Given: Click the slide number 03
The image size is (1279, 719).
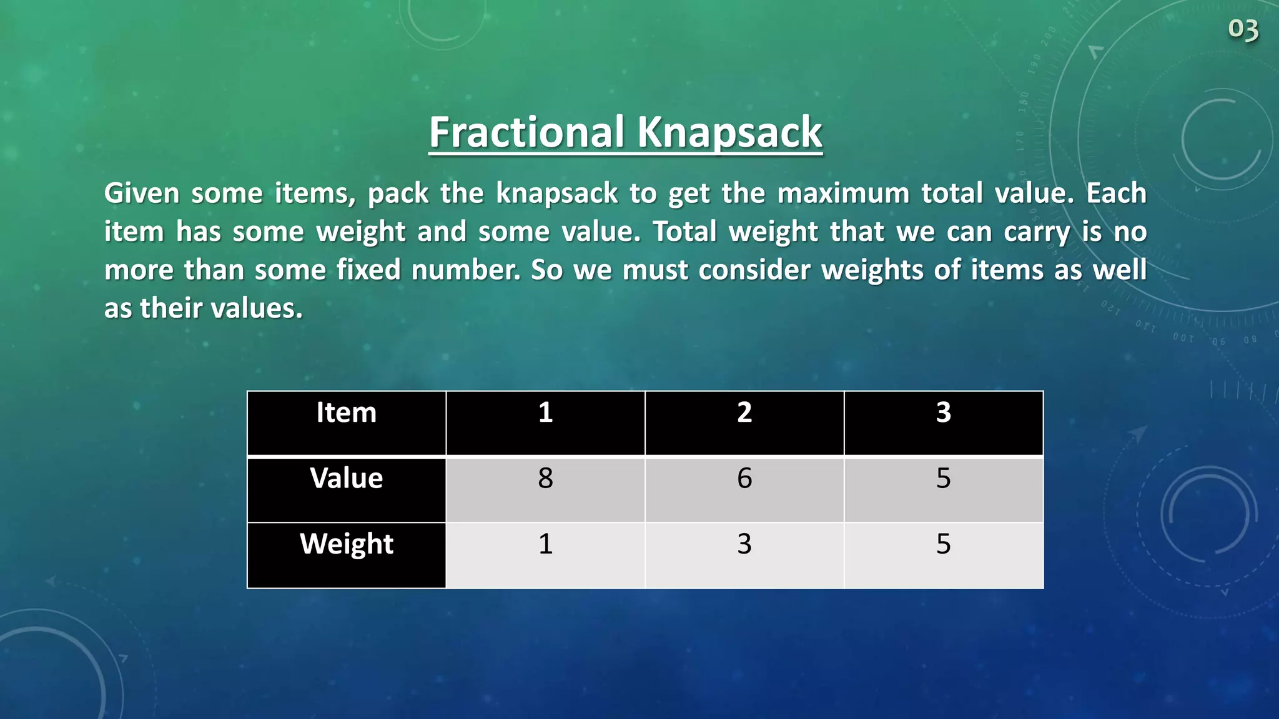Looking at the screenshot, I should pyautogui.click(x=1243, y=29).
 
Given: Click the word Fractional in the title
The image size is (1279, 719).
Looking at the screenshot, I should pyautogui.click(x=526, y=132).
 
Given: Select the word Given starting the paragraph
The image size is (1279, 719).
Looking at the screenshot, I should pyautogui.click(x=142, y=193).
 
